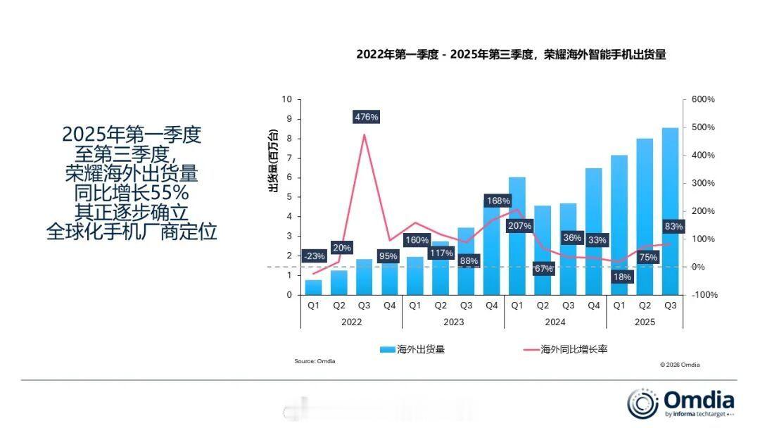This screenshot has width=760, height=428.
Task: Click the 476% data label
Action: (x=366, y=117)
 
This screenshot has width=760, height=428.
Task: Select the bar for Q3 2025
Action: (x=670, y=211)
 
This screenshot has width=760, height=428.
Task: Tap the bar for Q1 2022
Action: (x=313, y=287)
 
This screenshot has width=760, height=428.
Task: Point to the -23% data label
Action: (x=314, y=256)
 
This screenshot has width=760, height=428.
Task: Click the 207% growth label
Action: (x=519, y=225)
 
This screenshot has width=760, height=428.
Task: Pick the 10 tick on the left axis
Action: (x=286, y=100)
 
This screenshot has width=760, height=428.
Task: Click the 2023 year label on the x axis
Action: (x=453, y=322)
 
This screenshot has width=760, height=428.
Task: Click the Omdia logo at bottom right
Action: (x=680, y=403)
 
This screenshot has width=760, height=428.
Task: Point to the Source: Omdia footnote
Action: (x=315, y=361)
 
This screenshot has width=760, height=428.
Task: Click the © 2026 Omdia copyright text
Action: (x=680, y=365)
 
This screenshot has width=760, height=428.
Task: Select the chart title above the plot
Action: (x=511, y=54)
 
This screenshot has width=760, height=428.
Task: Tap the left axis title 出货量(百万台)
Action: (x=274, y=160)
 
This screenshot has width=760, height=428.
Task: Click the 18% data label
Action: (x=621, y=277)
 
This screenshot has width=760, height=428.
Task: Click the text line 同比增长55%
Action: (x=132, y=192)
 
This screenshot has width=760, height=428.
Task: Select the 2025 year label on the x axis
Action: (x=644, y=322)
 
